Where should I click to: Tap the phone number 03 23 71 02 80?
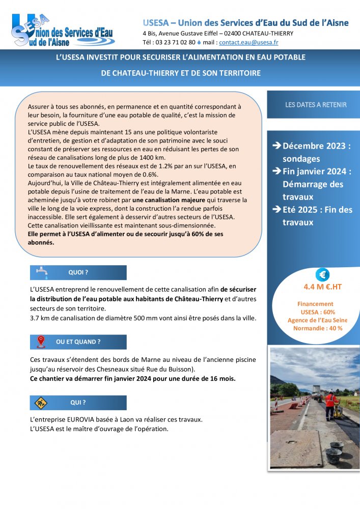click(x=175, y=42)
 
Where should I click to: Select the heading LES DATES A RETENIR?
click(x=316, y=105)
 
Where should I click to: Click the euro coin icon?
click(x=322, y=275)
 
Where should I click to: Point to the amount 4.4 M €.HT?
click(x=322, y=287)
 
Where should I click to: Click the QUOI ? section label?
click(x=78, y=273)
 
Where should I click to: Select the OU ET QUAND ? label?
click(x=78, y=342)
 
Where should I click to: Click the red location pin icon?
click(x=41, y=342)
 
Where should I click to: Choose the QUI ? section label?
click(x=78, y=403)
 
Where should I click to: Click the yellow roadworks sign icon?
click(x=40, y=403)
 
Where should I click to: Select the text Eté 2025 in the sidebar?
click(x=302, y=210)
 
